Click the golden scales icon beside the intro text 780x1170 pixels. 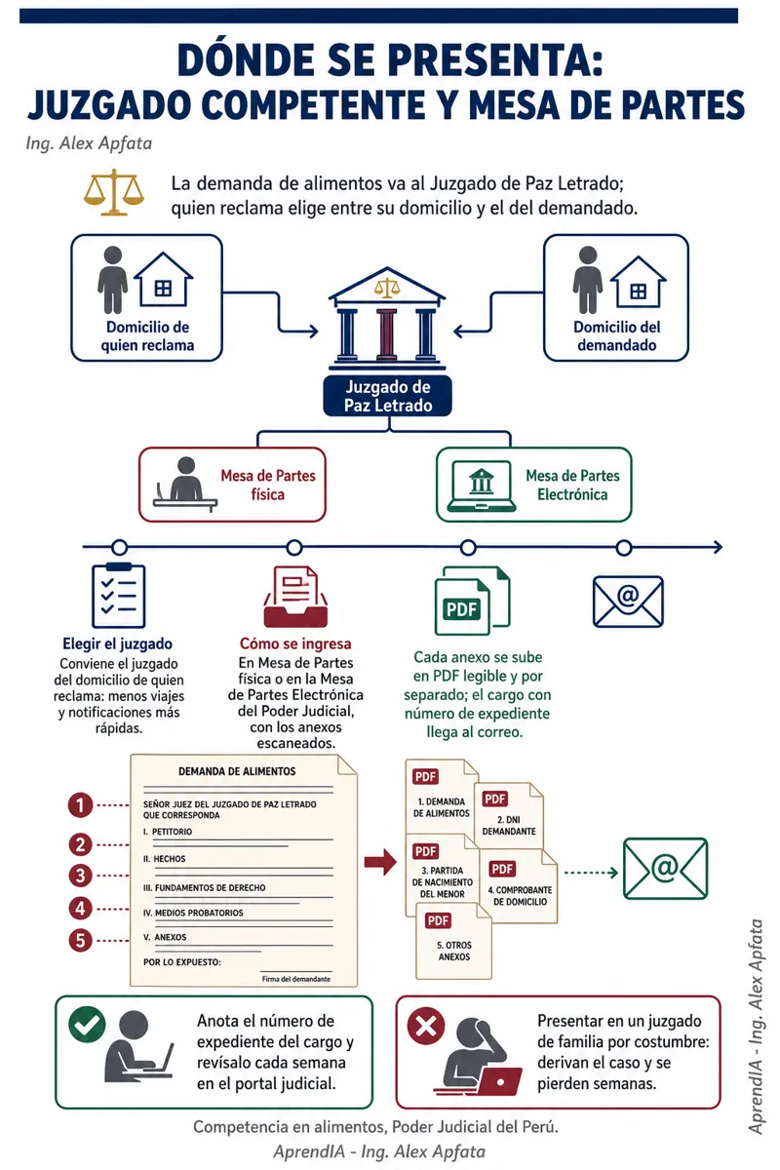[114, 192]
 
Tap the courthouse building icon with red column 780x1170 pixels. [387, 315]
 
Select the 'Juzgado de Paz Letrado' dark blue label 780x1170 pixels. [388, 396]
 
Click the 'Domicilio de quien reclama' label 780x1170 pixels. [147, 335]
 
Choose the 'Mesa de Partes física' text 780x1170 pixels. [268, 485]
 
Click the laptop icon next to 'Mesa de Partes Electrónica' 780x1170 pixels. [482, 486]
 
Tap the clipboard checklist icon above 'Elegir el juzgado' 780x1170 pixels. [119, 596]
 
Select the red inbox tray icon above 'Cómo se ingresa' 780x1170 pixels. [295, 597]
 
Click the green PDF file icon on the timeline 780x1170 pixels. [472, 601]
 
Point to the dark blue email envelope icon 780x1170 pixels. [628, 602]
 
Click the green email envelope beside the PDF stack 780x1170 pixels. [665, 869]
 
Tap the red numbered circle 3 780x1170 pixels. [80, 876]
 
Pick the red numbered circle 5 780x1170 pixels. [80, 941]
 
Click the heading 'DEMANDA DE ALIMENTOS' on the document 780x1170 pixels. [237, 771]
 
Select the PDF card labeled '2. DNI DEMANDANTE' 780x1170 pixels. [509, 815]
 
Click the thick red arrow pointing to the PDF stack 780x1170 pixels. [381, 862]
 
